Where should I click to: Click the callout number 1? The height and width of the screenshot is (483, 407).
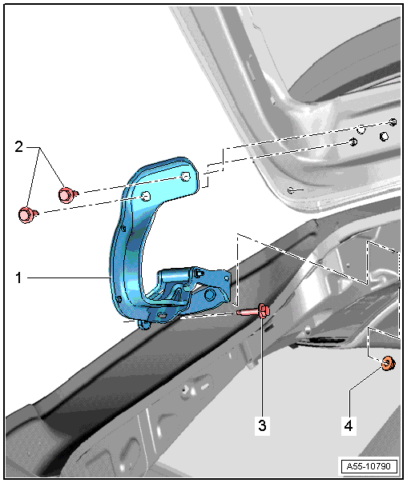(x=18, y=277)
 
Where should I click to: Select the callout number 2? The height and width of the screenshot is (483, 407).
(x=18, y=147)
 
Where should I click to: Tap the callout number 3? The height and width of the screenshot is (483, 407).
(x=262, y=425)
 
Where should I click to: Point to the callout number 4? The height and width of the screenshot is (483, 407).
(x=349, y=426)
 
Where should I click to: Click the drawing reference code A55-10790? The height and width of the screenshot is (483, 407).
(x=369, y=466)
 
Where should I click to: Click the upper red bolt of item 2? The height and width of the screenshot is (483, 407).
(x=67, y=194)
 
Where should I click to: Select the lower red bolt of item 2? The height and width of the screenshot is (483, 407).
(x=27, y=214)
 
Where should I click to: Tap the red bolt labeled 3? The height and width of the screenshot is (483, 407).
(x=255, y=311)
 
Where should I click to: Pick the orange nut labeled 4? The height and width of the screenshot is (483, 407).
(x=389, y=363)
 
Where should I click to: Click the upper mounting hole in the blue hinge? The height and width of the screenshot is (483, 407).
(x=185, y=177)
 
